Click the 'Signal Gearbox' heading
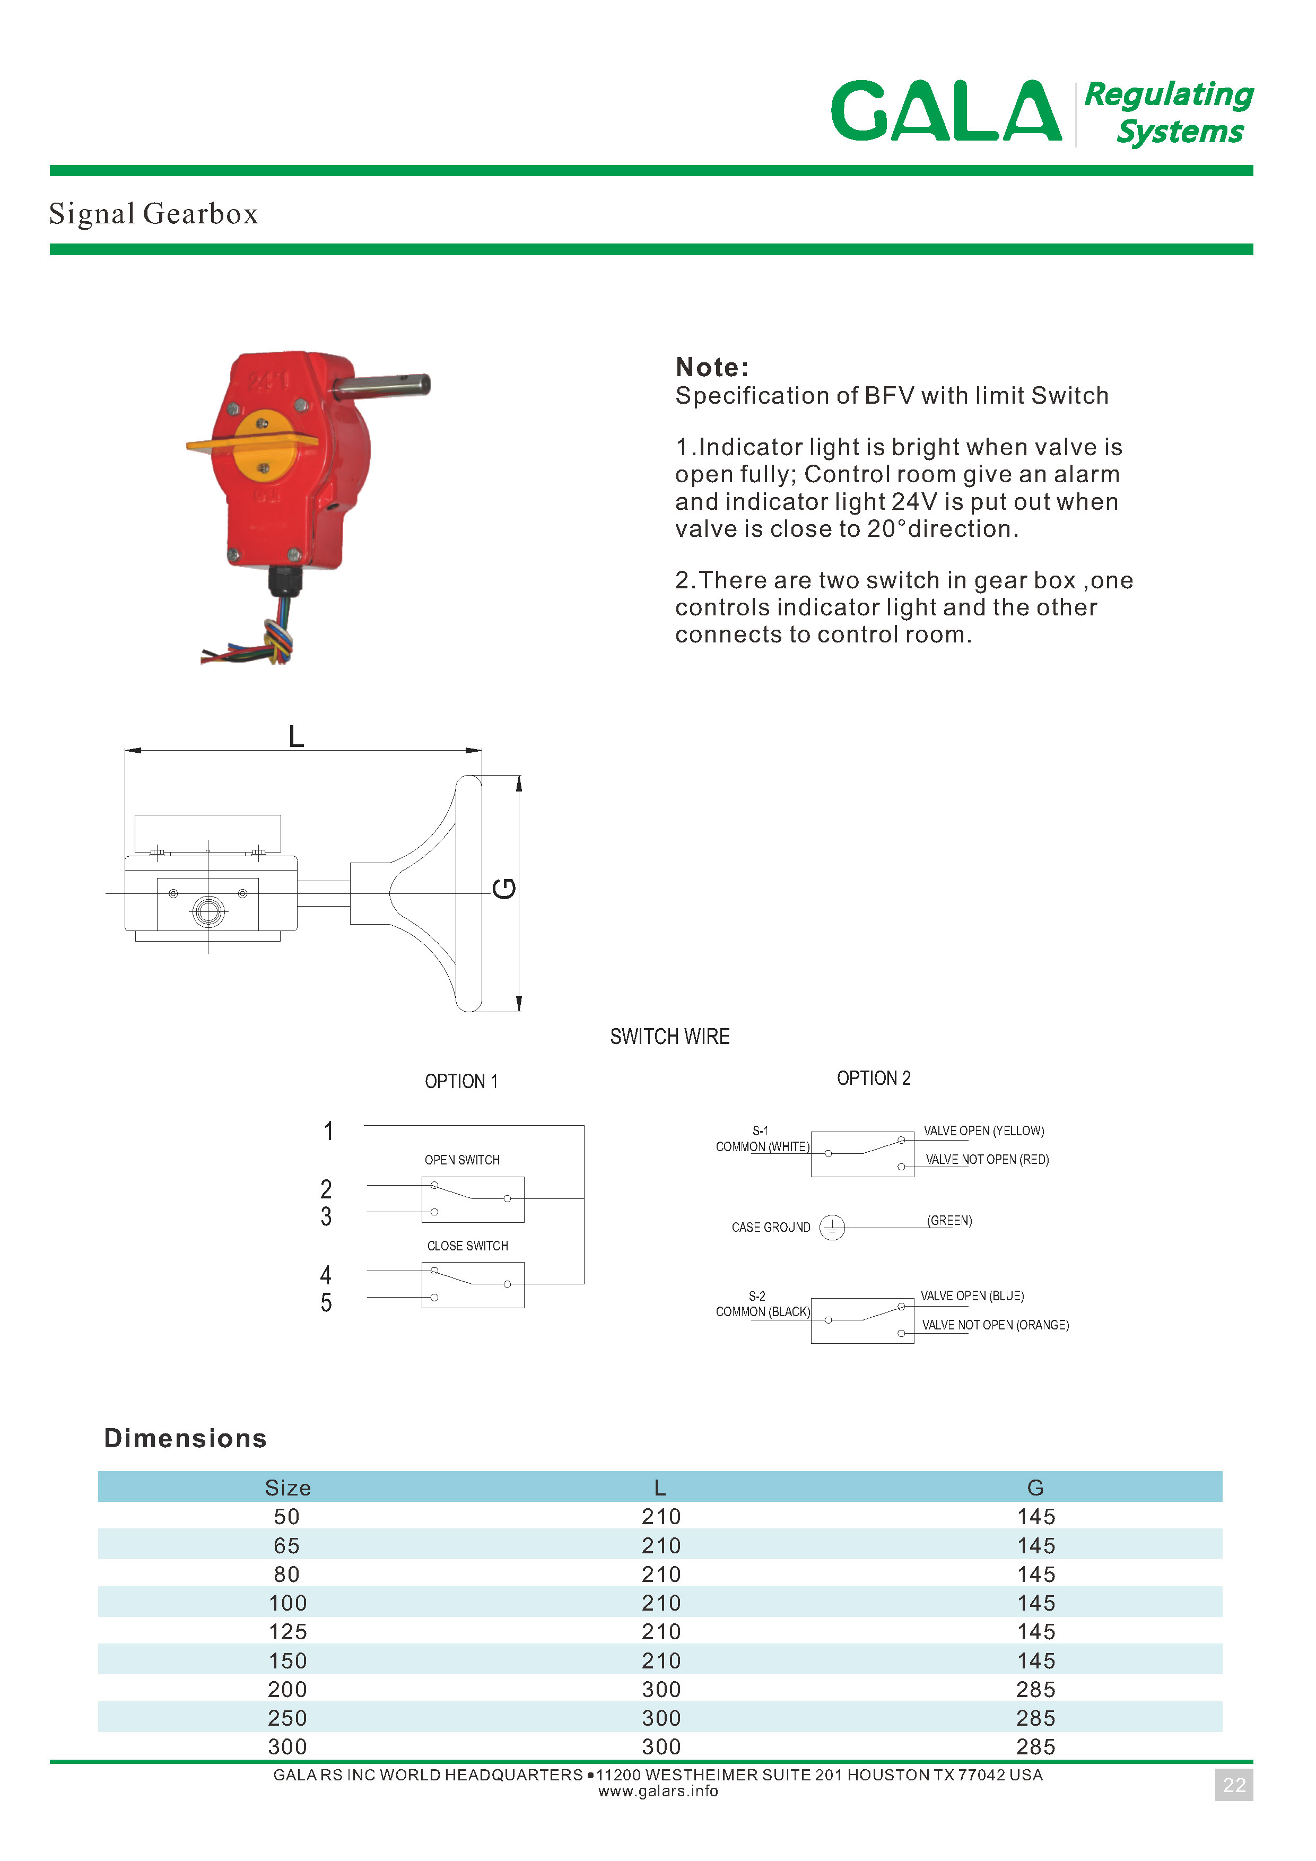[153, 214]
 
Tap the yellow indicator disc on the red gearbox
[264, 445]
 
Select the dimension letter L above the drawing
[296, 737]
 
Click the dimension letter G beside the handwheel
[504, 889]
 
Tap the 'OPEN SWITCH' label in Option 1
[462, 1160]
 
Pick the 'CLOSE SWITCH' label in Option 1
[467, 1246]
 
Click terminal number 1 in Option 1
[328, 1130]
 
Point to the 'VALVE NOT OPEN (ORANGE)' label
[995, 1325]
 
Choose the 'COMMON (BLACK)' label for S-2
[763, 1311]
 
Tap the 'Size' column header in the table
[287, 1488]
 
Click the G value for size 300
[1035, 1747]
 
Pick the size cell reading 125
[287, 1632]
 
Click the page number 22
[1233, 1785]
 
